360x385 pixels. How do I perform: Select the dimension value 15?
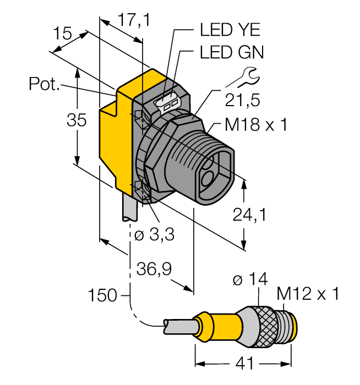(63, 34)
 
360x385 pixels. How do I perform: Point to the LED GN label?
(231, 52)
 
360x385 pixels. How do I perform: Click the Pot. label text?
(43, 84)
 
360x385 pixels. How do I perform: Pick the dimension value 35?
(77, 120)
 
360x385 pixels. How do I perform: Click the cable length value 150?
(102, 296)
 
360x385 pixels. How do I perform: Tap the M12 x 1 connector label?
(308, 295)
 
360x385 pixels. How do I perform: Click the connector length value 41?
(242, 364)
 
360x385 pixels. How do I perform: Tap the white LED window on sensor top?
(170, 103)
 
